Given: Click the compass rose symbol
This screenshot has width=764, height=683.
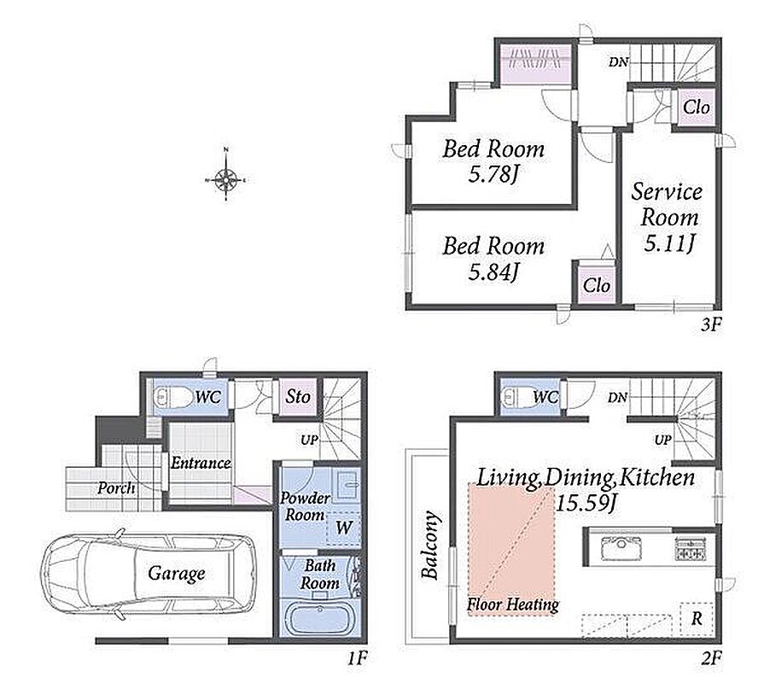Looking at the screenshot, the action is tap(226, 180).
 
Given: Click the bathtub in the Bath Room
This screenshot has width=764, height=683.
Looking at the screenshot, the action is tap(320, 618).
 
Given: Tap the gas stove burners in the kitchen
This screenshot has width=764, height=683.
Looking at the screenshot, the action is tap(691, 547).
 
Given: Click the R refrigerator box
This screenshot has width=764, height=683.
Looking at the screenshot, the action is tap(697, 618).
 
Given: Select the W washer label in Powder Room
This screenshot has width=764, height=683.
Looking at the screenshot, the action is tap(344, 527).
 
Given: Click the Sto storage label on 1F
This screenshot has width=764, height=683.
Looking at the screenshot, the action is tap(298, 396).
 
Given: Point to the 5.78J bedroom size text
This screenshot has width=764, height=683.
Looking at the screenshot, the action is tap(493, 174).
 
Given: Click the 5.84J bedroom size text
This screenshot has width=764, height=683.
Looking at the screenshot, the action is tap(493, 271).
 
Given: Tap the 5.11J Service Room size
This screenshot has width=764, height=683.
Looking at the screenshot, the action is tap(669, 243).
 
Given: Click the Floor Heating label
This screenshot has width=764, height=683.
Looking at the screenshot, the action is tap(512, 605).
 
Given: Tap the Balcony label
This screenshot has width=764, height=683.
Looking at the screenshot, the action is tap(429, 545).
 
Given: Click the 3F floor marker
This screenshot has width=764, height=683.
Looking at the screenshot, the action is tap(711, 324).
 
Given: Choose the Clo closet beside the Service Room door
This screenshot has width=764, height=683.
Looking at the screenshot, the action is tap(697, 108).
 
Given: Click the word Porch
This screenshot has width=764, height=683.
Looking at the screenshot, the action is tap(116, 487).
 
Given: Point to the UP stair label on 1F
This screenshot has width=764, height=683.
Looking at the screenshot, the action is tap(309, 441).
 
